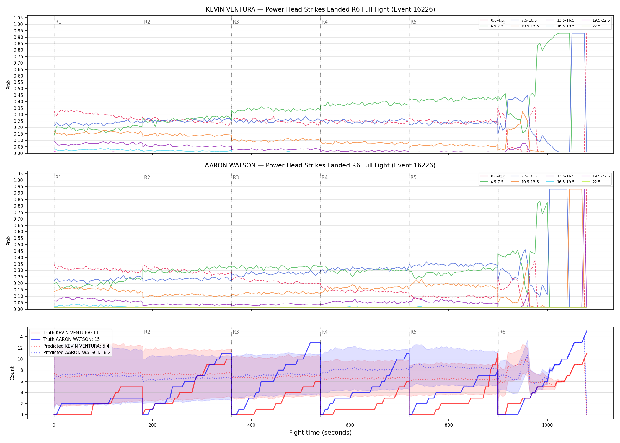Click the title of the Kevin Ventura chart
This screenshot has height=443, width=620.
(x=320, y=9)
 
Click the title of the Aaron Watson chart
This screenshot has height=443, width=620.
(x=320, y=165)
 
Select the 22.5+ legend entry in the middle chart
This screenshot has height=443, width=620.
(x=593, y=182)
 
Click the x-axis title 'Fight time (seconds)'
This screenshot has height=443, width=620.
(x=320, y=433)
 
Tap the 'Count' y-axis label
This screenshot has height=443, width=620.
(x=12, y=373)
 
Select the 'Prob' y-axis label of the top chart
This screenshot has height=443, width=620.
(x=9, y=84)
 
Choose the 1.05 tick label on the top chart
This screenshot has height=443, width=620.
(x=18, y=18)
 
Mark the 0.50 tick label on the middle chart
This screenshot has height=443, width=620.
(x=18, y=245)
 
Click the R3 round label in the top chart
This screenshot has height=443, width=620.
(x=236, y=22)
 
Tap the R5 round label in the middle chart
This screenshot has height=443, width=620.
(x=413, y=177)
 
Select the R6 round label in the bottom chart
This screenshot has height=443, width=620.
(x=502, y=332)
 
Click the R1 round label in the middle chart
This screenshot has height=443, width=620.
(x=58, y=177)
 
